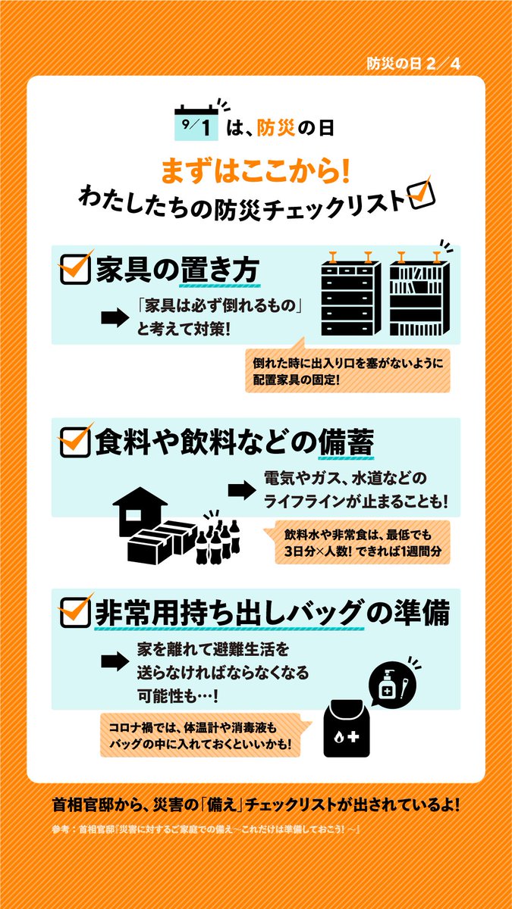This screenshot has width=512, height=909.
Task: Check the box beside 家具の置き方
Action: (76, 268)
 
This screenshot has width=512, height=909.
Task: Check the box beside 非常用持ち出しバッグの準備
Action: (76, 612)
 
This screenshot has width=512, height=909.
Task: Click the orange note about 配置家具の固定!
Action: (348, 370)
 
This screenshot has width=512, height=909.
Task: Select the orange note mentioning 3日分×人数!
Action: (357, 542)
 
